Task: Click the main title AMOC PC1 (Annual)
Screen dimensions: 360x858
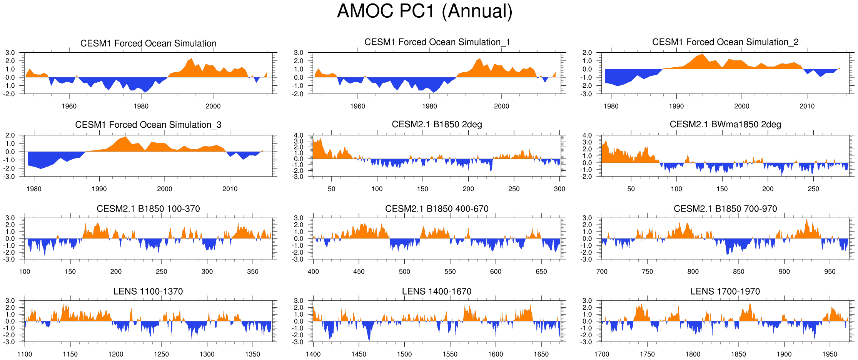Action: coord(425,11)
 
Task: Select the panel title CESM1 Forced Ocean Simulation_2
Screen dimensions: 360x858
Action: coord(725,42)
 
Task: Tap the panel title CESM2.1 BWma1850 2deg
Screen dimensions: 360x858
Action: coord(725,125)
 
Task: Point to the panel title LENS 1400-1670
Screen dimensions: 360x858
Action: coord(437,292)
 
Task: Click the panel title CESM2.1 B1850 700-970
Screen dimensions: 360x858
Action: coord(725,209)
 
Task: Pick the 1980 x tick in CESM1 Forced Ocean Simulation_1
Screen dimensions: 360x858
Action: coord(429,106)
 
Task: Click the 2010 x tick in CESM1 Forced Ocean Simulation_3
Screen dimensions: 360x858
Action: coord(230,189)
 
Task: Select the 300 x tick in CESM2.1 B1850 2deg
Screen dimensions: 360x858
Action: coord(559,189)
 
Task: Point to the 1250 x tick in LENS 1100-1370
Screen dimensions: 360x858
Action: coord(162,354)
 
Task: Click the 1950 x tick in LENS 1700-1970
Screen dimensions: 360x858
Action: coord(830,354)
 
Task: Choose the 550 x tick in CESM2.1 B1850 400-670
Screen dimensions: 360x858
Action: coord(450,272)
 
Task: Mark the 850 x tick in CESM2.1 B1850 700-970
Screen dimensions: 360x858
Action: coord(739,272)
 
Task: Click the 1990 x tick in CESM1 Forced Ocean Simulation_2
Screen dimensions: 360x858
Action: coord(676,106)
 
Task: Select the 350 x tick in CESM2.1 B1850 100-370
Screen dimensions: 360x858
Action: coord(253,272)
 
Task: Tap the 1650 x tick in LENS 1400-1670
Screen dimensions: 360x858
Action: coord(541,354)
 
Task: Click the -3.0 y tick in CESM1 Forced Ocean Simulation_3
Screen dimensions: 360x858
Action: coord(10,177)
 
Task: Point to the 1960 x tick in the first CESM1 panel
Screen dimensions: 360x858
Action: coord(69,106)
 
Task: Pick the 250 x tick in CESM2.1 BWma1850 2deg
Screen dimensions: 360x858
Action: coord(813,189)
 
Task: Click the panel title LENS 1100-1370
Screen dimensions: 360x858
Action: coord(148,292)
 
